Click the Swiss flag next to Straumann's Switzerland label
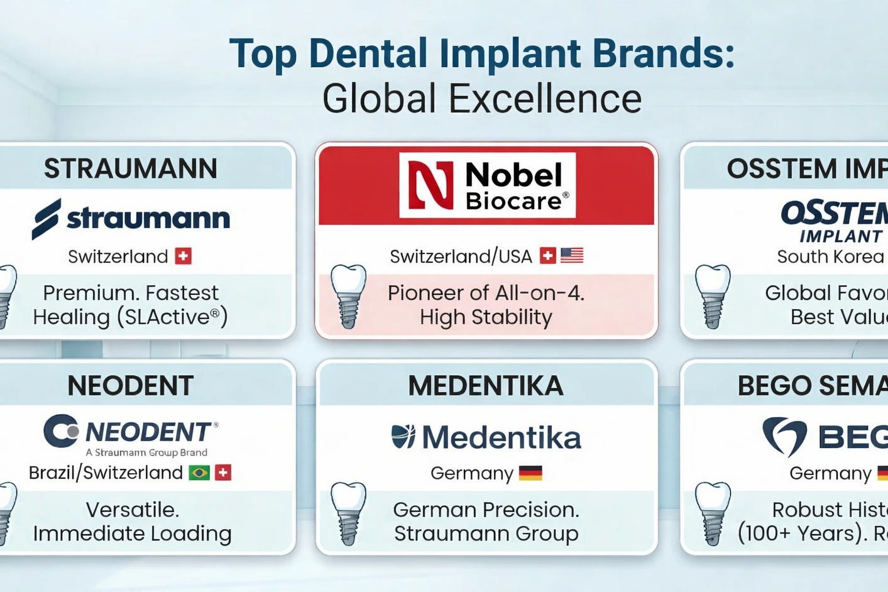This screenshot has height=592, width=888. click(183, 256)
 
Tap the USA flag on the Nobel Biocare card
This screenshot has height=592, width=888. click(572, 256)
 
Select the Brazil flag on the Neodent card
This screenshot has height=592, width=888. click(199, 473)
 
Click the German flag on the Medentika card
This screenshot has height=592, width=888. click(530, 473)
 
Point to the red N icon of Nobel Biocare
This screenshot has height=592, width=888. click(430, 185)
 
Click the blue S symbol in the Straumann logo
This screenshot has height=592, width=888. click(47, 219)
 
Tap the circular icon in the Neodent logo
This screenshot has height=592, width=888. click(61, 431)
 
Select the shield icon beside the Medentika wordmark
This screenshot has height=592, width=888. click(403, 437)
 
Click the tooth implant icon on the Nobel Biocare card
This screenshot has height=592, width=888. click(348, 296)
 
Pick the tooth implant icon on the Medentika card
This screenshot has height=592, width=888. click(348, 513)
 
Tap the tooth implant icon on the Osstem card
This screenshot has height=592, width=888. click(712, 296)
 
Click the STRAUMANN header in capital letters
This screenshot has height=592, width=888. click(131, 168)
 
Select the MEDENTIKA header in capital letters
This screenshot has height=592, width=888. click(486, 386)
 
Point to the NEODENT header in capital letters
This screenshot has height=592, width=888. click(131, 386)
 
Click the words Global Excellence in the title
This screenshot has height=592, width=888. click(482, 99)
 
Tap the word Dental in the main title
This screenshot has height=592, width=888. click(368, 53)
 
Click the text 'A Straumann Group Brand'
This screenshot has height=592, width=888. click(146, 452)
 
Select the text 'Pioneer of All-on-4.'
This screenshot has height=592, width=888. click(486, 293)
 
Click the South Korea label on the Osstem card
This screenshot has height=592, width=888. click(830, 256)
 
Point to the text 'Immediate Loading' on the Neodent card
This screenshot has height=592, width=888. click(133, 534)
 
